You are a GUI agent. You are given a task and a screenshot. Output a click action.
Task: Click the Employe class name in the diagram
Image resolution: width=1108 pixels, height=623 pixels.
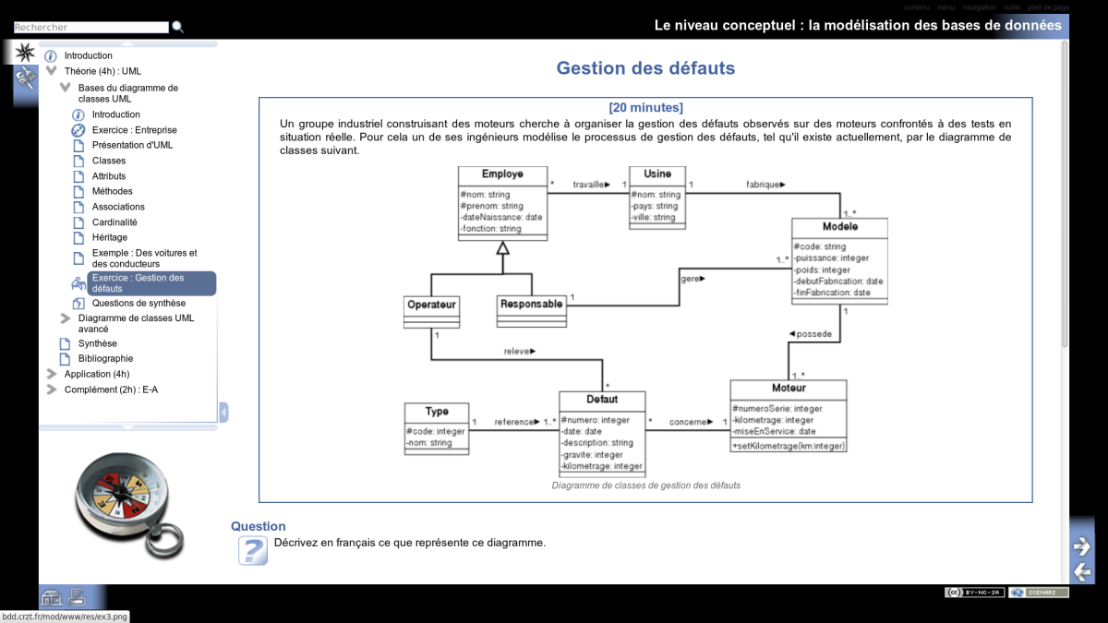(x=502, y=174)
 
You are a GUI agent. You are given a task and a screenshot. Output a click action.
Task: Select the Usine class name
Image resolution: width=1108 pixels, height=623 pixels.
(x=657, y=174)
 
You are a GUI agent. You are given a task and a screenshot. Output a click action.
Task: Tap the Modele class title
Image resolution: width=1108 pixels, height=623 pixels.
(x=839, y=226)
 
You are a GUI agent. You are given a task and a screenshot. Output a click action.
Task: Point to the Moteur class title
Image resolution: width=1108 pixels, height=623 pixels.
(x=789, y=388)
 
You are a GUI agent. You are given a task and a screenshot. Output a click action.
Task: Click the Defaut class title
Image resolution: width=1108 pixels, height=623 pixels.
(x=602, y=400)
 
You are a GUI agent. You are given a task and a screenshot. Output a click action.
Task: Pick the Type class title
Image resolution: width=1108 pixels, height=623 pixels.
(x=437, y=412)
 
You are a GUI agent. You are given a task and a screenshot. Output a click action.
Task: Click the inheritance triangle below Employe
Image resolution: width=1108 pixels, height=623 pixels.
(x=502, y=247)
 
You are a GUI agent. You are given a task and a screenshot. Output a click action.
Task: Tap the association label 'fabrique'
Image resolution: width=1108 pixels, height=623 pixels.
(x=765, y=185)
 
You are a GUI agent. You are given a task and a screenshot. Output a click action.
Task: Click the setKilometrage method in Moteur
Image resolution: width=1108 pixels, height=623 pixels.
(x=788, y=446)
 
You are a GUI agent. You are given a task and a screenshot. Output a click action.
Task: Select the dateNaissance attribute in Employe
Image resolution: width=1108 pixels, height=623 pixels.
(x=501, y=217)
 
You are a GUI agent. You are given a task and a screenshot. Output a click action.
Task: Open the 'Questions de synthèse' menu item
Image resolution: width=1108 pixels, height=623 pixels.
(x=138, y=303)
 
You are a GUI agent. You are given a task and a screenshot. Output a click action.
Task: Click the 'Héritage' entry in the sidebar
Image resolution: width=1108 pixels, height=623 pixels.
(x=110, y=237)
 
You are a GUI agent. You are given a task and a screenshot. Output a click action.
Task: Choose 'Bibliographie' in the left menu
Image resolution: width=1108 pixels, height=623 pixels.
(x=105, y=358)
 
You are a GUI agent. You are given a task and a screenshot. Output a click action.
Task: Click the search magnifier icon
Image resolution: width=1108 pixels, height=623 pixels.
(x=178, y=28)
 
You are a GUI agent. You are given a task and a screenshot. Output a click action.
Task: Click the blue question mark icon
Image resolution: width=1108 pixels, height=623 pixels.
(x=252, y=550)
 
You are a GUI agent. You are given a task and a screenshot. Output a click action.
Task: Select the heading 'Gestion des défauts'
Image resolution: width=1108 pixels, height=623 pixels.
(x=645, y=68)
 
